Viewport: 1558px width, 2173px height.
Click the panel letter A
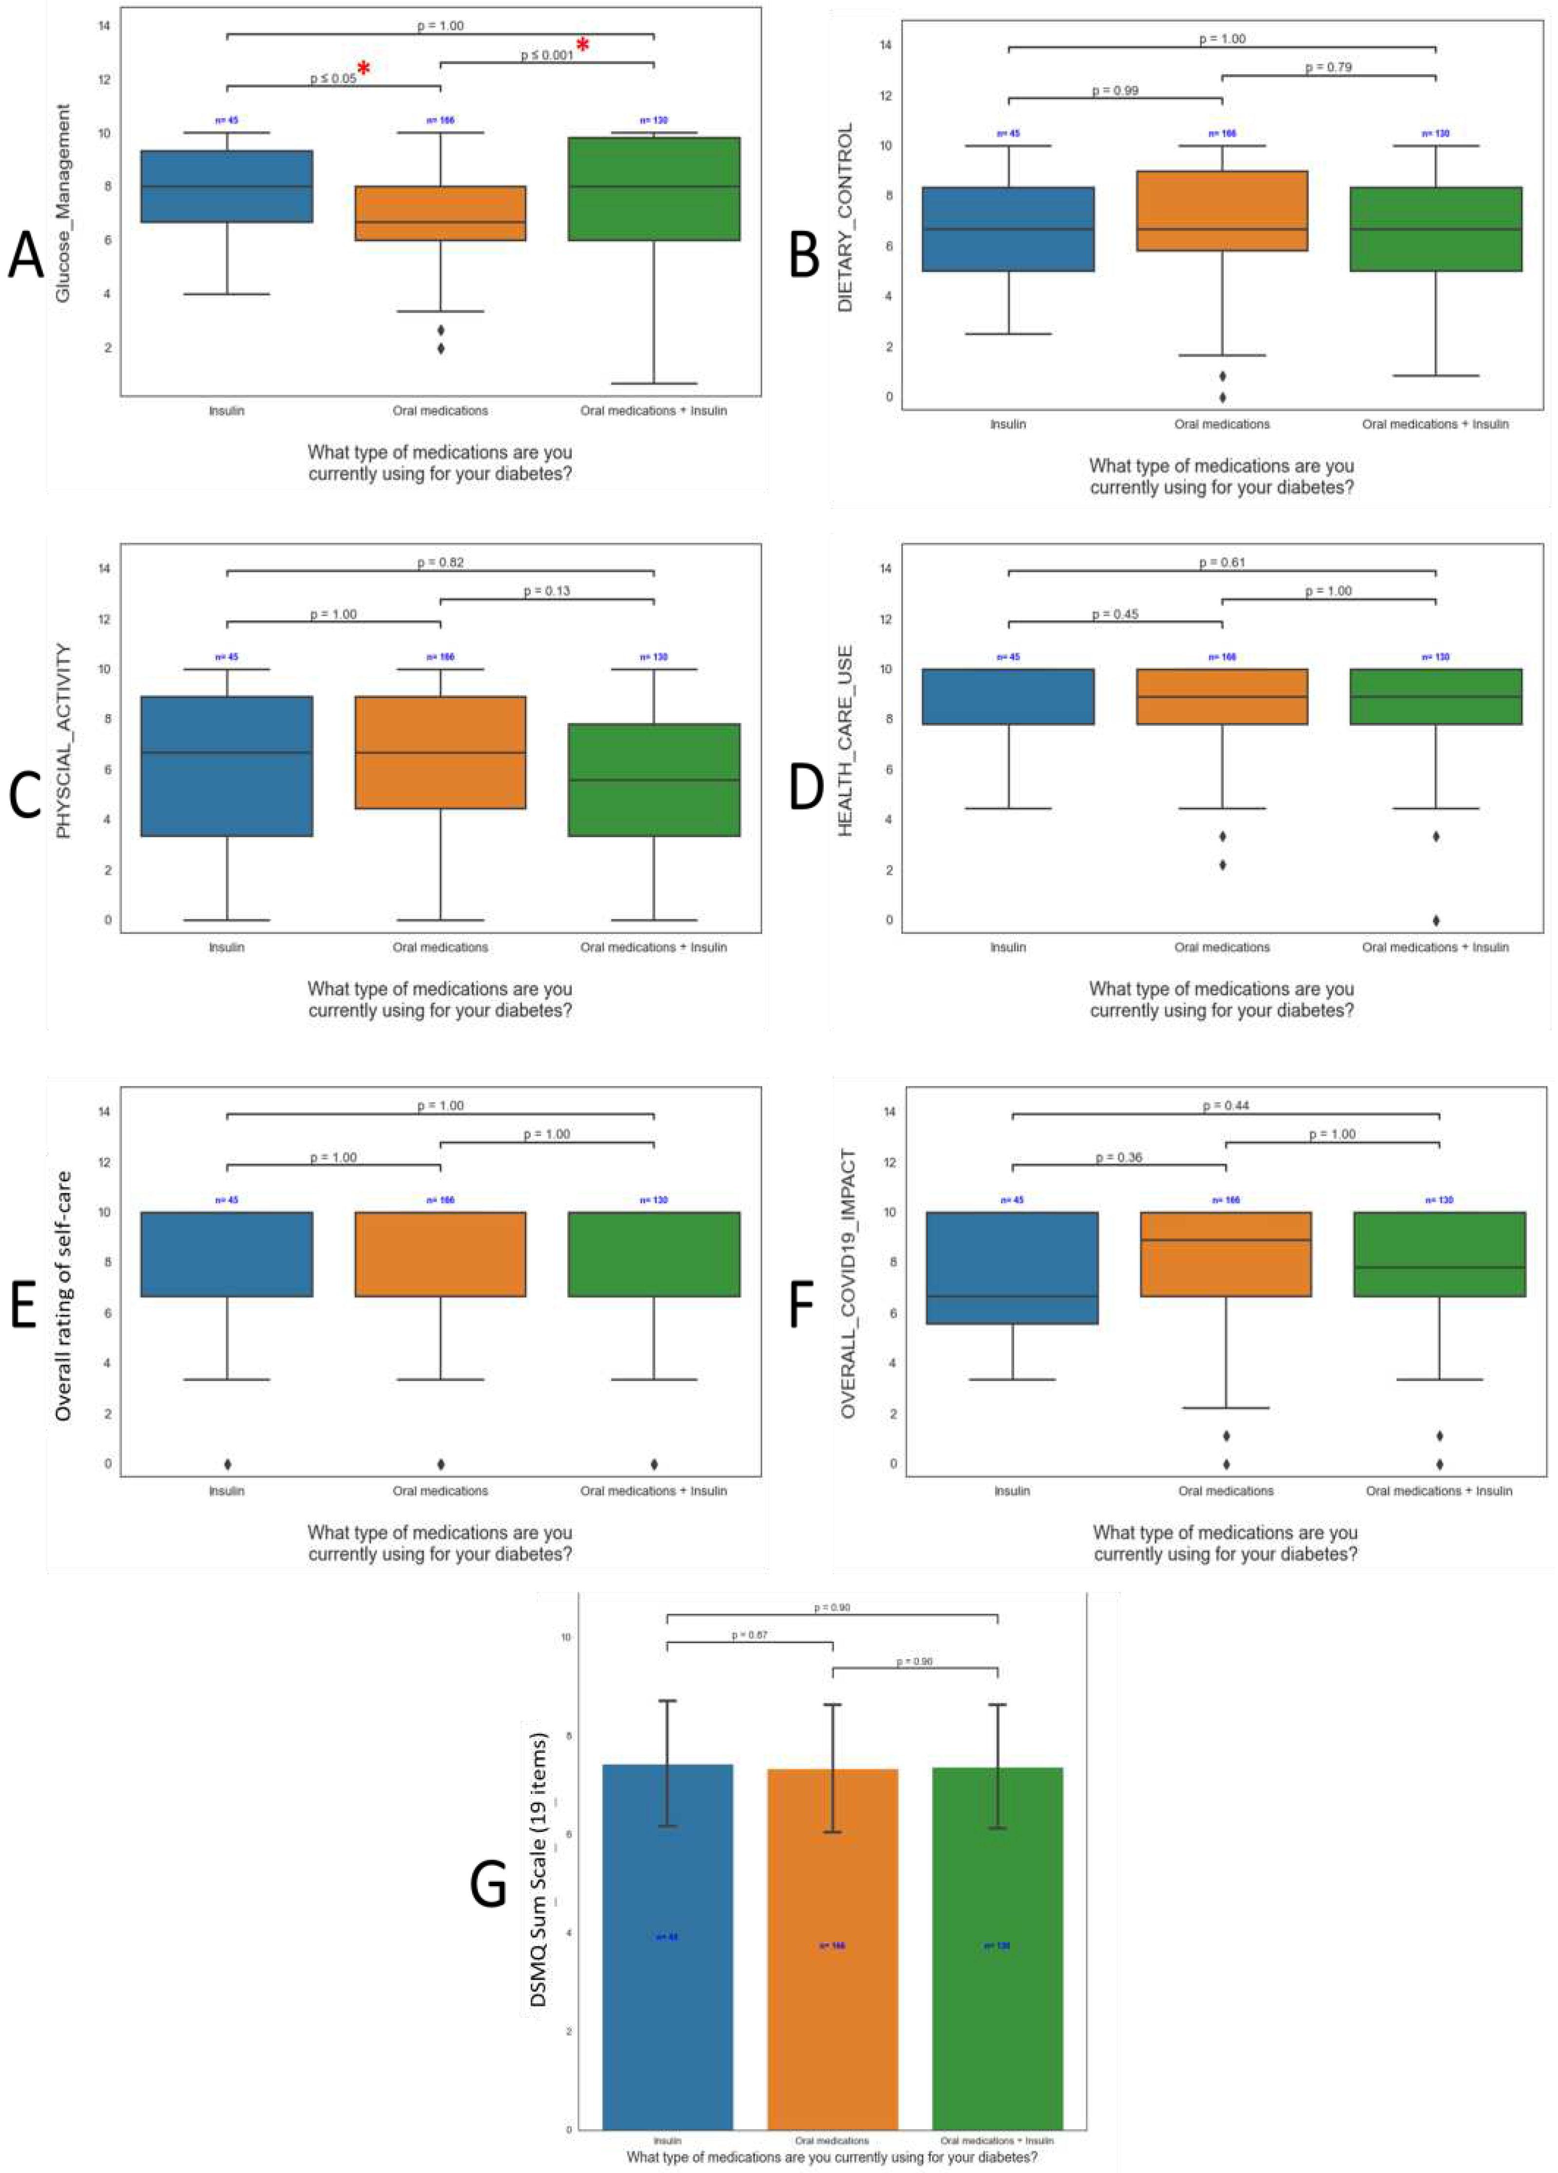[26, 257]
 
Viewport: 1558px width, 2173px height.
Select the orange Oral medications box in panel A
[440, 213]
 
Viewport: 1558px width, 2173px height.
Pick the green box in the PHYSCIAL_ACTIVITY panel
[654, 780]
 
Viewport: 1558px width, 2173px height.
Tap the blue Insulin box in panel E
[227, 1254]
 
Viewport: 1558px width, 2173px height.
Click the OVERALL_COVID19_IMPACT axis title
[848, 1284]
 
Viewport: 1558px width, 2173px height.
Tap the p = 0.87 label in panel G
[749, 1635]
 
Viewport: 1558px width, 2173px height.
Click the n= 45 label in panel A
[227, 121]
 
